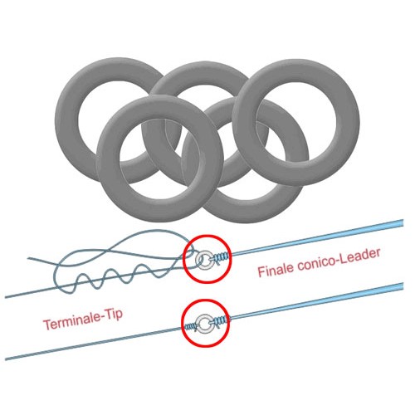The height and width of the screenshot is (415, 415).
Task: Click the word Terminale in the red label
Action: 72,323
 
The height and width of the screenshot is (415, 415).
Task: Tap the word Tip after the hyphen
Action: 113,315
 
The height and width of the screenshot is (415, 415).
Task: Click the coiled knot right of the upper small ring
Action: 222,257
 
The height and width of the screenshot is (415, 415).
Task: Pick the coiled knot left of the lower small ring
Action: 191,327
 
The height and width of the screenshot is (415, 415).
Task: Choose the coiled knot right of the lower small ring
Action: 220,321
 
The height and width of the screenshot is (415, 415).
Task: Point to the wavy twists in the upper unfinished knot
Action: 110,278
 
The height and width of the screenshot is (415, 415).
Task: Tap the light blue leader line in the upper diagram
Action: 317,238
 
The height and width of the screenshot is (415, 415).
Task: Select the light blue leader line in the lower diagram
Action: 317,301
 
